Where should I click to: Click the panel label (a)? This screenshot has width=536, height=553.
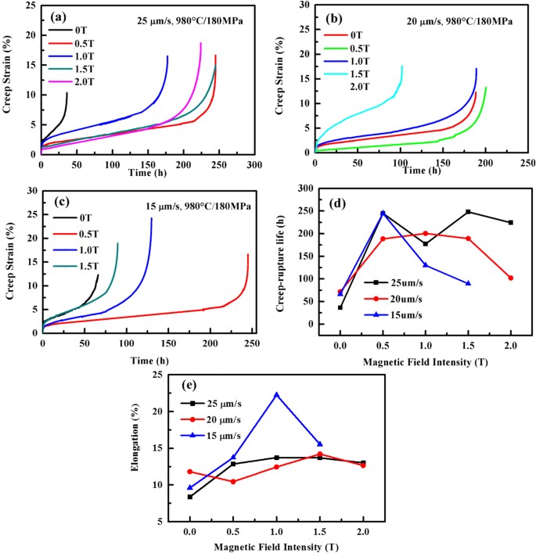tap(62, 16)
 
